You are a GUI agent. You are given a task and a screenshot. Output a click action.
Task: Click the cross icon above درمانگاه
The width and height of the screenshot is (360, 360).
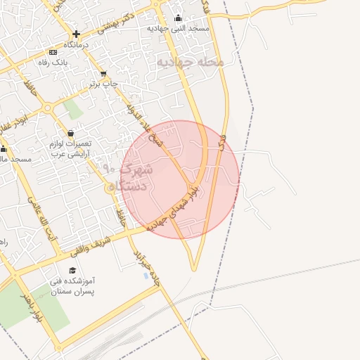[76, 34]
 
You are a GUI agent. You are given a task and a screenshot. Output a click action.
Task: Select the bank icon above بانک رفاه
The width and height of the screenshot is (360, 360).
[53, 52]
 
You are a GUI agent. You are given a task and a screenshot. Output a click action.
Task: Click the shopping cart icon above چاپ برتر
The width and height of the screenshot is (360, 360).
[104, 74]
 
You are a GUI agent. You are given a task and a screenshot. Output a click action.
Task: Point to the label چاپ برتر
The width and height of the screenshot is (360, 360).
[104, 84]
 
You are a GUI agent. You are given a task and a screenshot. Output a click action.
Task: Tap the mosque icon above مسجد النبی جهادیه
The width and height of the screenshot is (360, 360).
[177, 18]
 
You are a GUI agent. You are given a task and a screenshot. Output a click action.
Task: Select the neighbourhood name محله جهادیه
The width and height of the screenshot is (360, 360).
[189, 62]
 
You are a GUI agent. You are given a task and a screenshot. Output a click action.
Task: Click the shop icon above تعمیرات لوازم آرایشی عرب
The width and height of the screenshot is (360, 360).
[70, 133]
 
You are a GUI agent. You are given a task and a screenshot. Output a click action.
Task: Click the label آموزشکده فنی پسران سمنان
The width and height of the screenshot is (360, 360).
[73, 285]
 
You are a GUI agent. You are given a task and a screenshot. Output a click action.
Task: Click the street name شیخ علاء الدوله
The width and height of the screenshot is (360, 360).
[139, 116]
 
